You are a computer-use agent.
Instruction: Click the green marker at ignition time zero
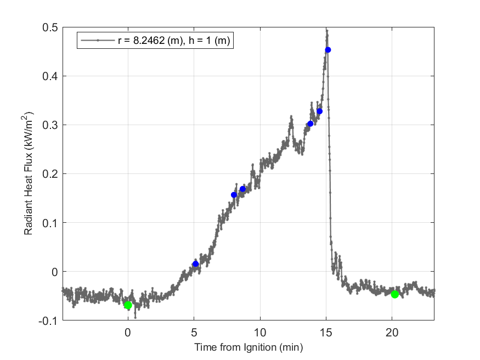128,305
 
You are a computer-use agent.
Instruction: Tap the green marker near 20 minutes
395,294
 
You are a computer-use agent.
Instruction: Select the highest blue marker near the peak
328,50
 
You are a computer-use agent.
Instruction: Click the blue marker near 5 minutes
195,264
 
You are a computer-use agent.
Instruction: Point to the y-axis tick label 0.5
50,27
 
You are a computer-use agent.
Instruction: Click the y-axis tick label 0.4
50,76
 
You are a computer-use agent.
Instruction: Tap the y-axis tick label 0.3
50,125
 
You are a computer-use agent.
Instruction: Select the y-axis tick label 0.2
50,174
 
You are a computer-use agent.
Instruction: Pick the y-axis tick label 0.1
50,223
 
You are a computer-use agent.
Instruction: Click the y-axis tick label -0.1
49,320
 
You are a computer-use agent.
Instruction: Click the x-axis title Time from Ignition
249,347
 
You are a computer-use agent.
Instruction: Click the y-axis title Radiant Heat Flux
29,174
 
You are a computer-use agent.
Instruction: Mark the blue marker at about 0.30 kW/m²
310,123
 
